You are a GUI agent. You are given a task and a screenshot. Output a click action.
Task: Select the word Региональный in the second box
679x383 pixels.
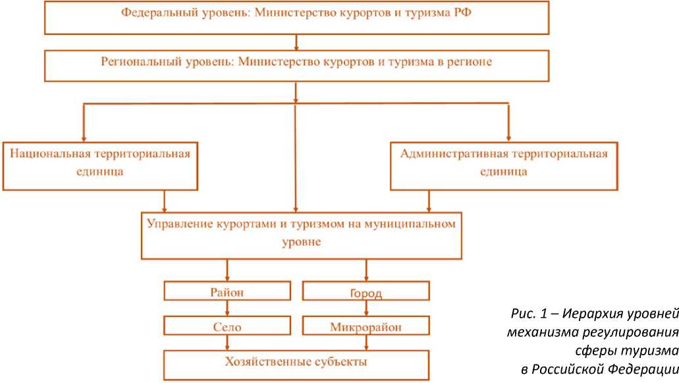134,61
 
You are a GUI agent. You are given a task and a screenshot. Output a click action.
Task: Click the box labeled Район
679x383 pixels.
227,291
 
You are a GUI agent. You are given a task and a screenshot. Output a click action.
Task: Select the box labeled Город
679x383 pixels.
366,291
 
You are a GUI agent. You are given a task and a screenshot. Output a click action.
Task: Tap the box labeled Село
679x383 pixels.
227,326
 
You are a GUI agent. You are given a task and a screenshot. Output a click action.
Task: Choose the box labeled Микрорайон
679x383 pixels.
366,326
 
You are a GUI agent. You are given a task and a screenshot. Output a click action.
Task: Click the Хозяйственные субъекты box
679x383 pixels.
296,363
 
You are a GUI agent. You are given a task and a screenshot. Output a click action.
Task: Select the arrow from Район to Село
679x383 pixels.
227,309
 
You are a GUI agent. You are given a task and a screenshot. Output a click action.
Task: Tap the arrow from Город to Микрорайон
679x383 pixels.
366,309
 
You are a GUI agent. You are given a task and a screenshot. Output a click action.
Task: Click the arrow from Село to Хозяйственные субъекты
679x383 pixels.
227,342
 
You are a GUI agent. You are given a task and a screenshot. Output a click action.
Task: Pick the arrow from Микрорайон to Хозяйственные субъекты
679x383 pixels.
366,342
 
